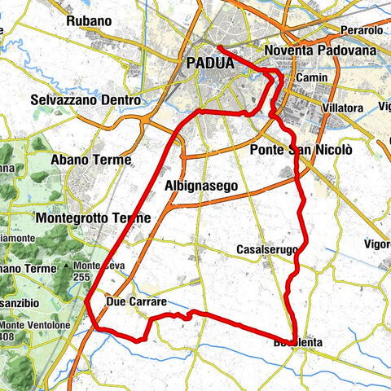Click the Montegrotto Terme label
click(x=93, y=218)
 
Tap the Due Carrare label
click(x=136, y=302)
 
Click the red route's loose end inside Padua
click(x=219, y=48)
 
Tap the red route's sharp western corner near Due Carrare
click(x=86, y=300)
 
